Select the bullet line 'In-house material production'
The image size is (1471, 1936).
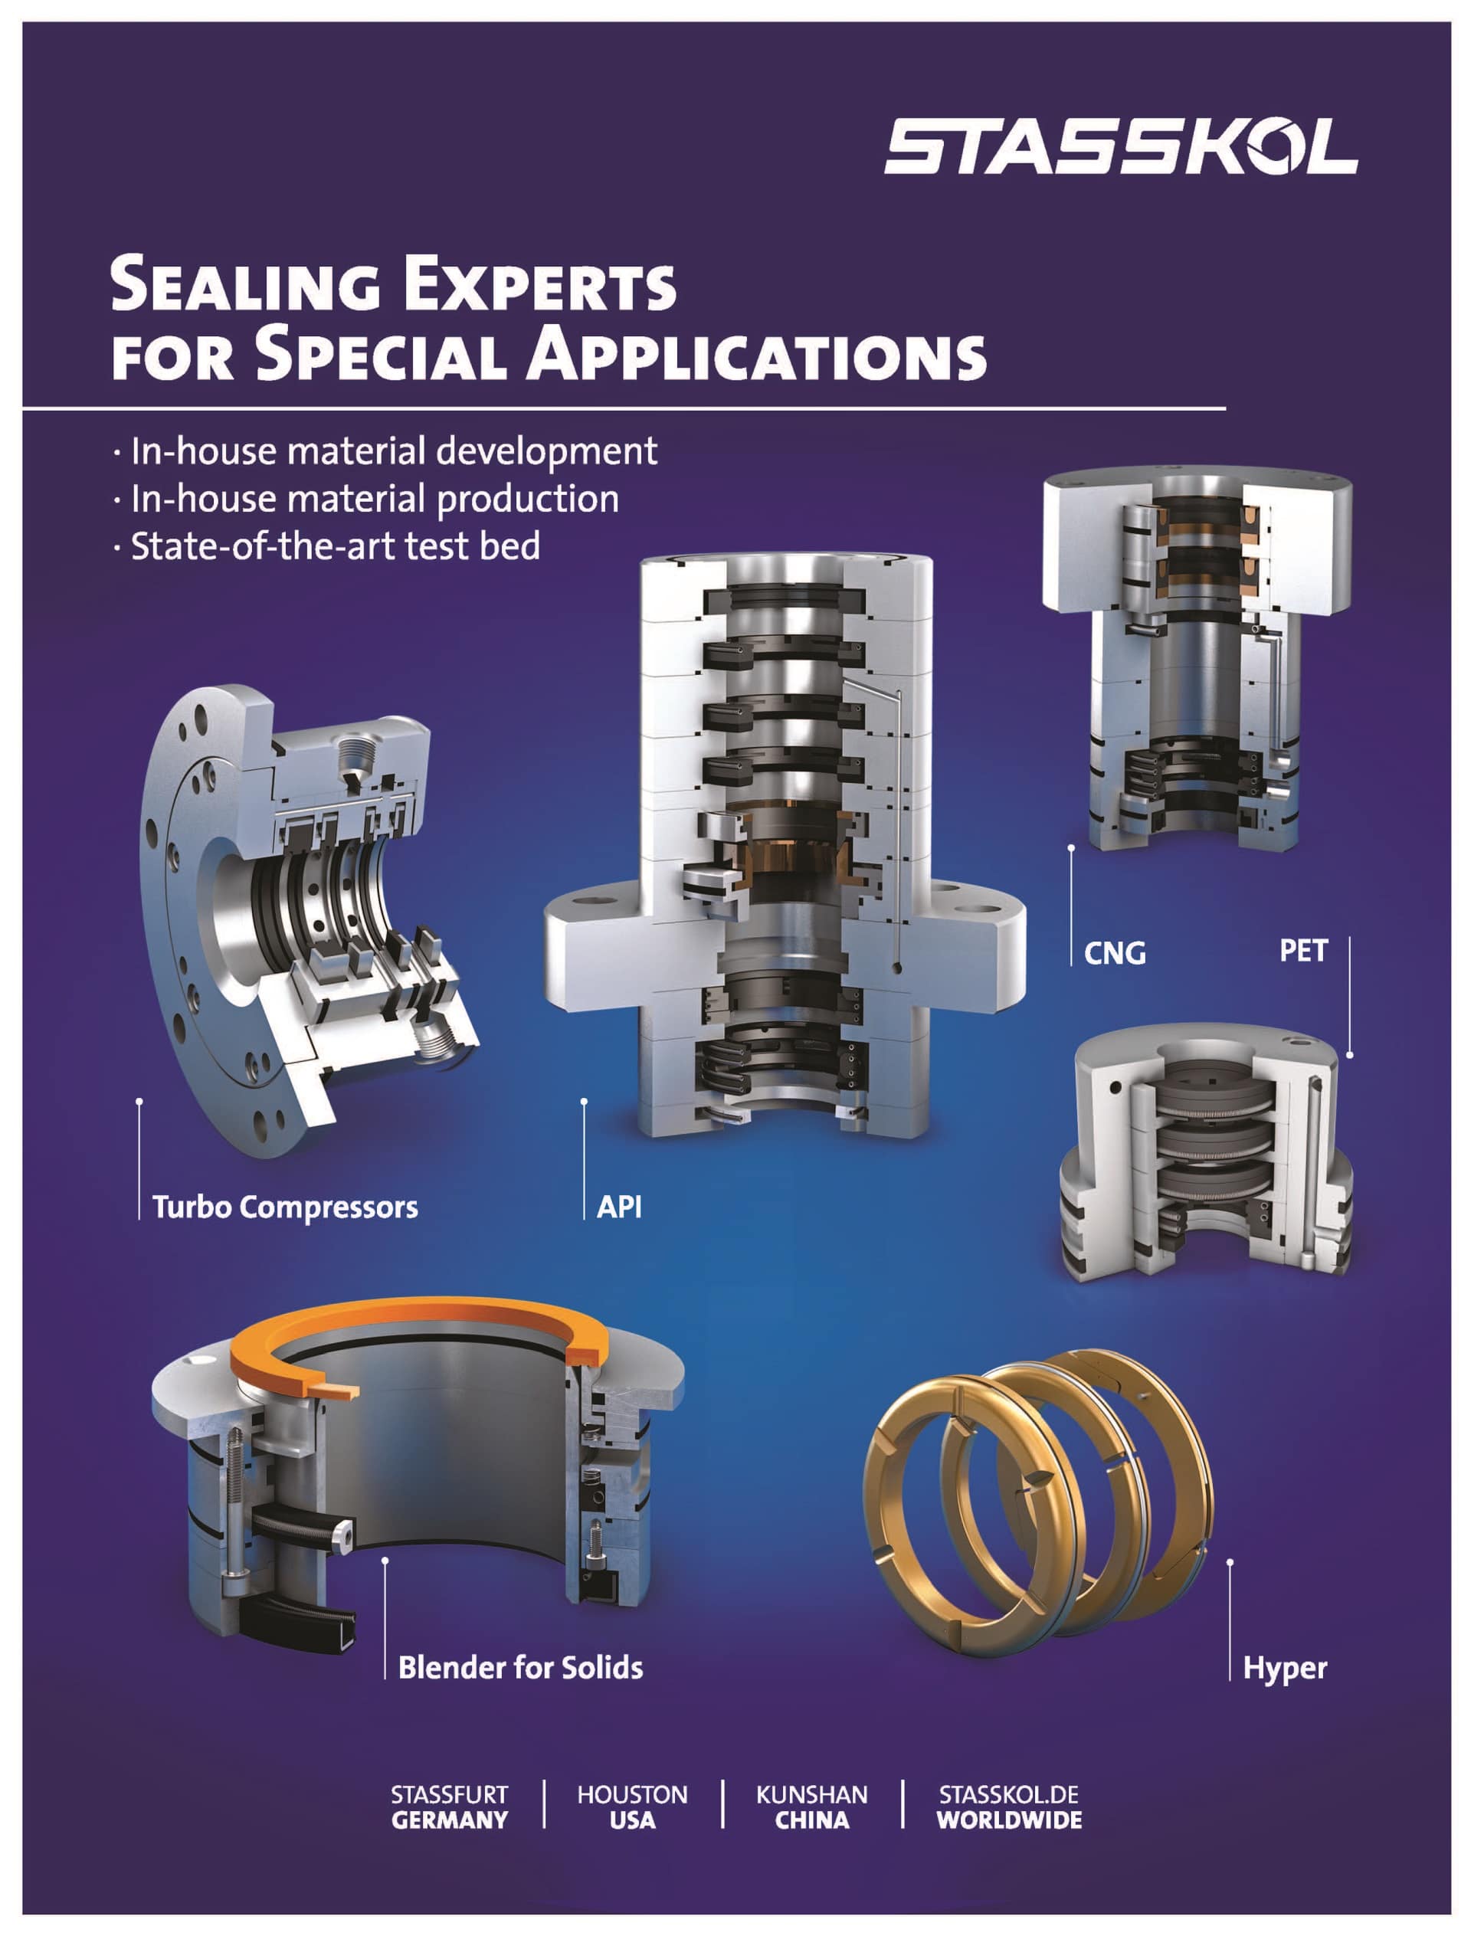(x=375, y=499)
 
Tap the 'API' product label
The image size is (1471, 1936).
(x=619, y=1207)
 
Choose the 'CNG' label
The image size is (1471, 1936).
(x=1115, y=952)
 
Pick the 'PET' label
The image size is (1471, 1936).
(x=1304, y=950)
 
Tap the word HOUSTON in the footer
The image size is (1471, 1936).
(x=632, y=1795)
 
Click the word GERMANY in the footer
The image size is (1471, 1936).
(x=449, y=1820)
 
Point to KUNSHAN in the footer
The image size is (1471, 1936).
(x=811, y=1795)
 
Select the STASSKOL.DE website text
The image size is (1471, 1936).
(x=1009, y=1795)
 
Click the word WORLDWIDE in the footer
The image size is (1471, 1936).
(x=1009, y=1820)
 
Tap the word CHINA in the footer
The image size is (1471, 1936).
(x=811, y=1820)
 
